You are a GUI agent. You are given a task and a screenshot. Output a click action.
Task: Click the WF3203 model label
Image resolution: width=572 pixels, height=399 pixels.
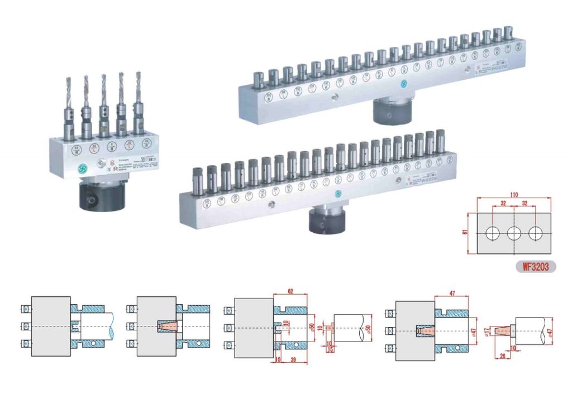click(535, 267)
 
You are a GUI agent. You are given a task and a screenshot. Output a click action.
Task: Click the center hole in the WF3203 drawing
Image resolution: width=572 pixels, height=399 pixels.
click(513, 234)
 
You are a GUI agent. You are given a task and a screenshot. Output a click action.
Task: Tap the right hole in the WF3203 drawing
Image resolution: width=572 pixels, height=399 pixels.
click(536, 234)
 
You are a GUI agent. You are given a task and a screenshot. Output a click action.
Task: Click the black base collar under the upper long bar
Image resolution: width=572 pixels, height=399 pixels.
click(392, 111)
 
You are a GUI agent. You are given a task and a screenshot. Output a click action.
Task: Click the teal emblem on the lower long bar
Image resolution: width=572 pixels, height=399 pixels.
click(337, 193)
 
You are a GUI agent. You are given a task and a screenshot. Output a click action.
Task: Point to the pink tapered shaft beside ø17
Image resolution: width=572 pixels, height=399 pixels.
click(503, 329)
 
